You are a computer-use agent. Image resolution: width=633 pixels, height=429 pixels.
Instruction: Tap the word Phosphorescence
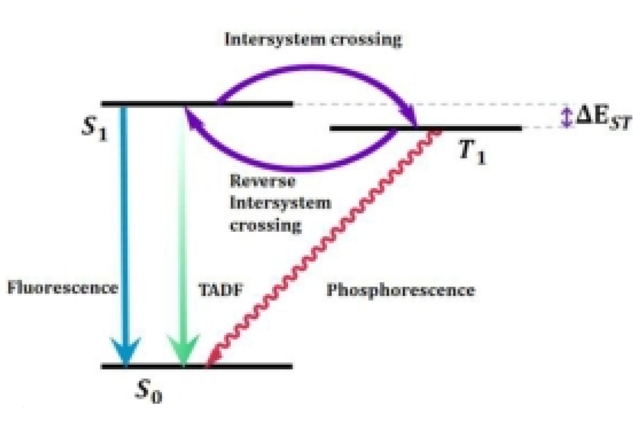tap(400, 290)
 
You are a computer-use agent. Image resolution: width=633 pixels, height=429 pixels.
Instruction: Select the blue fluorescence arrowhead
tap(125, 352)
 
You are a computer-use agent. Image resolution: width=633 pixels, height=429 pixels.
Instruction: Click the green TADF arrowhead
tap(183, 352)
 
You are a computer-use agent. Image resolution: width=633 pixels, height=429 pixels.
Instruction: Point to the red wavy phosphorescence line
tap(324, 244)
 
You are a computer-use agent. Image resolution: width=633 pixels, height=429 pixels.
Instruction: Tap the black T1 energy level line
tap(474, 128)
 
